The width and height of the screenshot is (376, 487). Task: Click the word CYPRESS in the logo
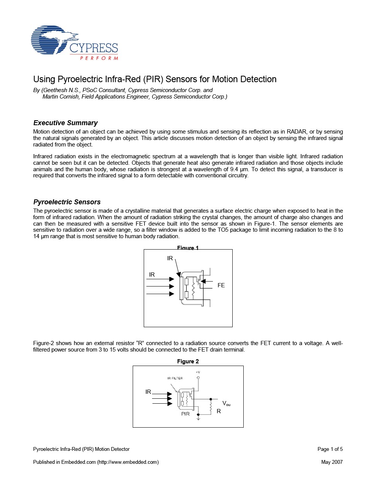[x=94, y=48]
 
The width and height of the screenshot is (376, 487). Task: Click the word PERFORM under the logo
[x=99, y=58]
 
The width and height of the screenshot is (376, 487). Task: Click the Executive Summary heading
[x=65, y=123]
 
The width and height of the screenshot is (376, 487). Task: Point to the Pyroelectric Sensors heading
[x=67, y=202]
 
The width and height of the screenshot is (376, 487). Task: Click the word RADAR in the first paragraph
[x=296, y=132]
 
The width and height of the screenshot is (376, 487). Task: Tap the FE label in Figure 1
[x=221, y=285]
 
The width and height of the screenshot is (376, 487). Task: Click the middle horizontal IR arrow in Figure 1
[x=160, y=286]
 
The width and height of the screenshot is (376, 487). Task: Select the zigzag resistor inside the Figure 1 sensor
[x=193, y=288]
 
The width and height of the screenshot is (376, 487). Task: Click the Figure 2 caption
[x=188, y=361]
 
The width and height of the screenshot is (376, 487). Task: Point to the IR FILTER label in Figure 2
[x=175, y=378]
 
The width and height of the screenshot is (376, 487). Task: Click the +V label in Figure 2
[x=198, y=372]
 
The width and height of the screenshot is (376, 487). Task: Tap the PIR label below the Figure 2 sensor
[x=185, y=414]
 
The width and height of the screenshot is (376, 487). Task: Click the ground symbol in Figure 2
[x=198, y=419]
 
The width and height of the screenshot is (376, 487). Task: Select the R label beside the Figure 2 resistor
[x=219, y=411]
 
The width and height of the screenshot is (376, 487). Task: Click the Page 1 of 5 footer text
[x=330, y=449]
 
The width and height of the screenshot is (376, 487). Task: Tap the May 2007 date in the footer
[x=332, y=462]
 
